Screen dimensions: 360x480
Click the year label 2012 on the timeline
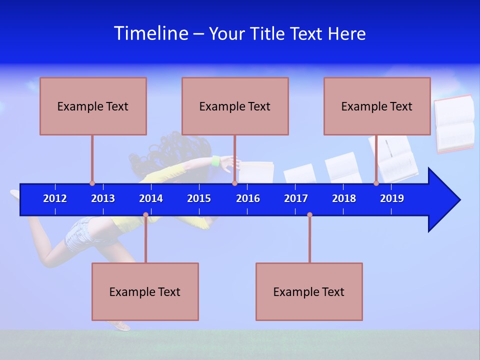click(55, 198)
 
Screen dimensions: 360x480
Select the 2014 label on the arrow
click(151, 198)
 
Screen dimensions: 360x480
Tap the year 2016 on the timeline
click(248, 198)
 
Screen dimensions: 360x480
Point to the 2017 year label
click(296, 198)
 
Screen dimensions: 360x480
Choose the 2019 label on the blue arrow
click(392, 198)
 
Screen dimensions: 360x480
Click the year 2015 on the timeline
click(199, 198)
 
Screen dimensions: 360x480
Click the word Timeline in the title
click(151, 33)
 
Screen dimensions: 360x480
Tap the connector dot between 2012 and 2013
click(92, 183)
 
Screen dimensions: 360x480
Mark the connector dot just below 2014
click(145, 215)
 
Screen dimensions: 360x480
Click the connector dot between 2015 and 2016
click(234, 183)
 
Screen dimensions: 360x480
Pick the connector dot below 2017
click(309, 215)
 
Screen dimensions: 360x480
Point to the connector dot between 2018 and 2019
click(376, 183)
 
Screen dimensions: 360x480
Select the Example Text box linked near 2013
click(93, 106)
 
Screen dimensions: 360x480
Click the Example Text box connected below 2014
click(145, 292)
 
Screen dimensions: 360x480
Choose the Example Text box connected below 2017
click(309, 292)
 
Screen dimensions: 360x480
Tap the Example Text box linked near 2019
click(377, 106)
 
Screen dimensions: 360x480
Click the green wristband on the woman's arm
click(216, 161)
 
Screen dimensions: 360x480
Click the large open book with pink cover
click(454, 123)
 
